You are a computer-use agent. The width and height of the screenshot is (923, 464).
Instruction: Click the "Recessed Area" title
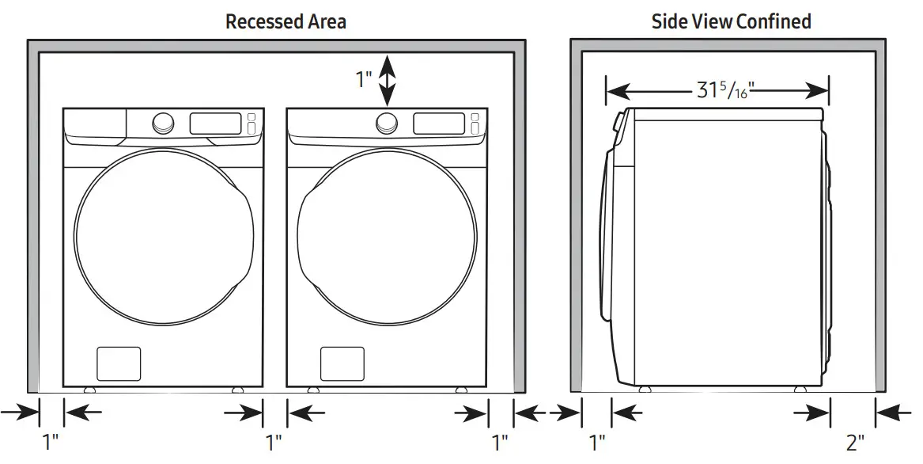285,21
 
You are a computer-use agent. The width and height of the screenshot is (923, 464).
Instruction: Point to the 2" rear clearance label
855,441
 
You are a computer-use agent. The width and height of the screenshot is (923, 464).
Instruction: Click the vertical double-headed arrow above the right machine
387,79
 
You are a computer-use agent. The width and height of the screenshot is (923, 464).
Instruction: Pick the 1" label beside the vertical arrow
363,79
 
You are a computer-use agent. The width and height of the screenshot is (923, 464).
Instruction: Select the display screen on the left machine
215,123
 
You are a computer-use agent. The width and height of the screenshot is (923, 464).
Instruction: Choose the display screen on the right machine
439,123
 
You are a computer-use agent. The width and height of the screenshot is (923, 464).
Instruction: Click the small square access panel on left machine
119,363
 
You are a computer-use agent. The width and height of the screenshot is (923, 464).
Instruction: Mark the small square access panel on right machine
342,363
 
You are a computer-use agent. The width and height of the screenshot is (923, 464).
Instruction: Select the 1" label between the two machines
274,441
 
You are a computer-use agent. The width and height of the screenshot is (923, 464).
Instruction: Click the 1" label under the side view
597,441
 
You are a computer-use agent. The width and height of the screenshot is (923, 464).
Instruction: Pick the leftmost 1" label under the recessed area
51,441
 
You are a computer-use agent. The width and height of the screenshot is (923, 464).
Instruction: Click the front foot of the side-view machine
645,389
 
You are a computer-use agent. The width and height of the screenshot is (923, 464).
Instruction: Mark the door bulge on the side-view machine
610,238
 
